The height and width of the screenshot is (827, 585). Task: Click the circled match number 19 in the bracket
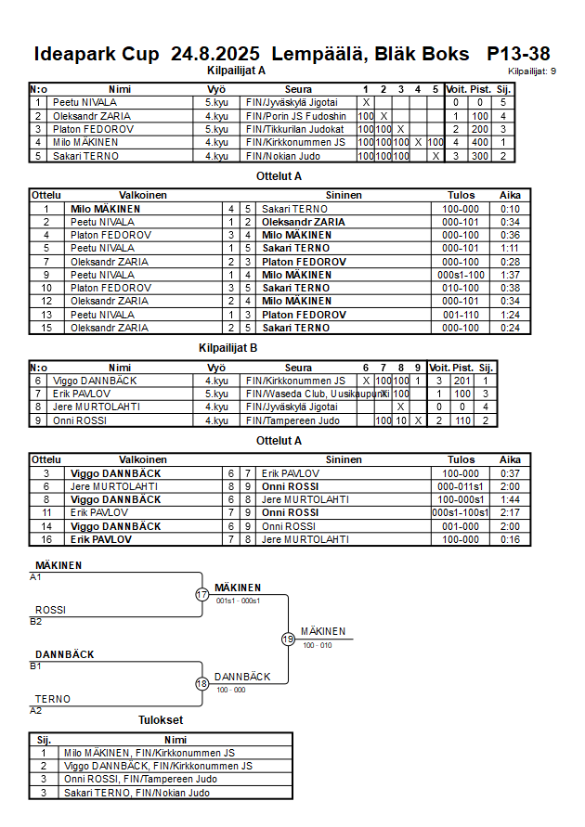coord(288,639)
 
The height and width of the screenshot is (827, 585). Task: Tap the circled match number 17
coord(202,594)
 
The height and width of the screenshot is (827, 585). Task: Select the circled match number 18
coord(202,684)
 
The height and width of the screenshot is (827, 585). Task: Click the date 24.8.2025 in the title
coord(215,54)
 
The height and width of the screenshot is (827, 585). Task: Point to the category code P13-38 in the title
coord(518,54)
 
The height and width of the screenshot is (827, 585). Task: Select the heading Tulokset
coord(161,720)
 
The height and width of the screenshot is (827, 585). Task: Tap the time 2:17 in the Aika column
coord(510,512)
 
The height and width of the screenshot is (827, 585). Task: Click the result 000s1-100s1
coord(461,512)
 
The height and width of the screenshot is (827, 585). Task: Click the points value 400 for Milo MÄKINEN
coord(480,142)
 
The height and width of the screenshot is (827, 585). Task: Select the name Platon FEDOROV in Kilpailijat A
coord(93,129)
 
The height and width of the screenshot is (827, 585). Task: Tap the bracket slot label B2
coord(36,622)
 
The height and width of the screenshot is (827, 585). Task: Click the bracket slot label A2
coord(36,711)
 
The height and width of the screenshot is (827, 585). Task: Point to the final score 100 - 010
coord(318,645)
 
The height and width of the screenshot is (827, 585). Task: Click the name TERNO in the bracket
coord(53,699)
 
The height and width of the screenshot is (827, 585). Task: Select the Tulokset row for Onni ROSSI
coord(139,780)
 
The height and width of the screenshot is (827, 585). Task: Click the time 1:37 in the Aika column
coord(510,275)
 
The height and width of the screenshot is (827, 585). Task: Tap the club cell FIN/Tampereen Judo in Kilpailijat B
coord(289,420)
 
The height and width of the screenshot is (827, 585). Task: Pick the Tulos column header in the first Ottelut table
coord(461,196)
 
